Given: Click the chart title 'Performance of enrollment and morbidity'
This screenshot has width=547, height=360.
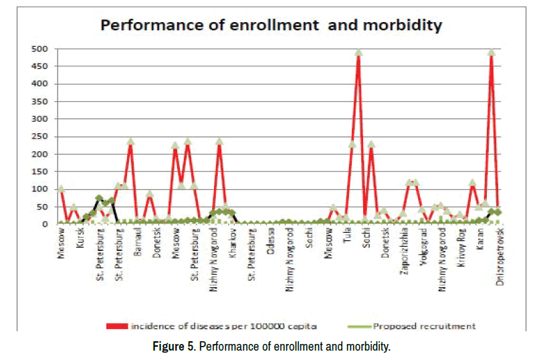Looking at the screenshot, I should coord(271,26).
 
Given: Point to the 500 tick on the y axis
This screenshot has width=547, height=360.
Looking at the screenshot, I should coord(42,49).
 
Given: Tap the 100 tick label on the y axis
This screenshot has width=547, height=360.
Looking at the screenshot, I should coord(42,189).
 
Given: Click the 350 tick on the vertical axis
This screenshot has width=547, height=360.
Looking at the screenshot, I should coord(42,102).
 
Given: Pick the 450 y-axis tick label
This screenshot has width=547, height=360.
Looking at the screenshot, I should coord(42,66).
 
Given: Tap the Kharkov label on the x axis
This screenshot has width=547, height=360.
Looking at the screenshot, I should coord(233,242).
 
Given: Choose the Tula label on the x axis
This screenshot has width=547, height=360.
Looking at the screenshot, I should coord(347,236).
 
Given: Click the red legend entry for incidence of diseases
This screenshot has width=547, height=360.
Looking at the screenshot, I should coord(211,326).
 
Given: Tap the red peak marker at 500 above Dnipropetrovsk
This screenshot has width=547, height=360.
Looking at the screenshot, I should coord(491,52).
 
